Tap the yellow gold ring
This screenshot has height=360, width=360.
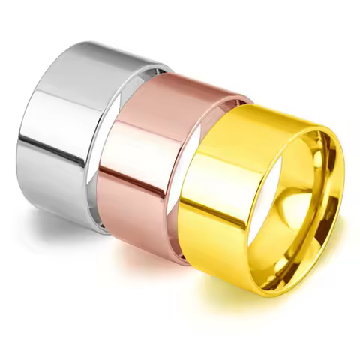pyautogui.click(x=225, y=195)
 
